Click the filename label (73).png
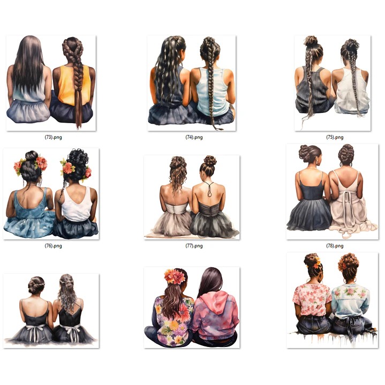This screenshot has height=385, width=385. [x=53, y=137]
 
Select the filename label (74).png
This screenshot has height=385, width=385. [x=194, y=137]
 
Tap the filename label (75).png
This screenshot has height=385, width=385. [x=335, y=137]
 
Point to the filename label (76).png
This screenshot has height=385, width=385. [x=53, y=246]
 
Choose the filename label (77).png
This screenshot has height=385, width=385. [x=194, y=246]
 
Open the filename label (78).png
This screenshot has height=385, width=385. [x=335, y=246]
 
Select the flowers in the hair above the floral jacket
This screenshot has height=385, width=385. [x=175, y=276]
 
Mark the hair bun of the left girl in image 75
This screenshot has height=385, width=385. [x=311, y=41]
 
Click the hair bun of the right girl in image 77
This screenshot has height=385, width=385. [x=210, y=160]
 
